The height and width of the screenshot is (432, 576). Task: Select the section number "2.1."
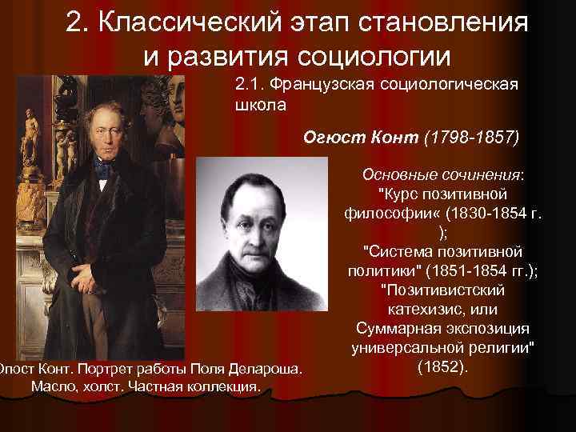click(x=252, y=85)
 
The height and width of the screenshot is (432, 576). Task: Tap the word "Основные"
click(x=401, y=174)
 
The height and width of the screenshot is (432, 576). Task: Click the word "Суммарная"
click(x=398, y=330)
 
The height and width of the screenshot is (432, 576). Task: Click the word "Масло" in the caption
click(x=52, y=386)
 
